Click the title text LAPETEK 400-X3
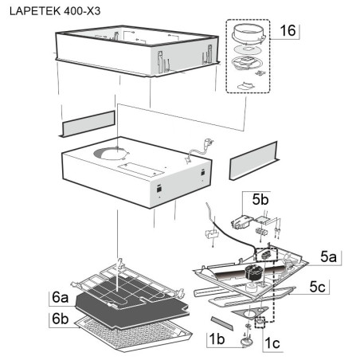pos(55,11)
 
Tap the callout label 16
pos(288,30)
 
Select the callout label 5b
pos(260,199)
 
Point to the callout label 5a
pos(328,256)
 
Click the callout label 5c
pos(317,287)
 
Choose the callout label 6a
pos(61,297)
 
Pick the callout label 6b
pos(61,319)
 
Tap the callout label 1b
pos(217,339)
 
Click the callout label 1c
pos(272,343)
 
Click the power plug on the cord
pos(208,144)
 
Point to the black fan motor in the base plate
pos(253,272)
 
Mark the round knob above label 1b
pos(246,342)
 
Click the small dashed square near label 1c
pos(260,322)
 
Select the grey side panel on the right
pos(254,161)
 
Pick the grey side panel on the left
pos(87,124)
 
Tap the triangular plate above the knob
pos(250,312)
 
